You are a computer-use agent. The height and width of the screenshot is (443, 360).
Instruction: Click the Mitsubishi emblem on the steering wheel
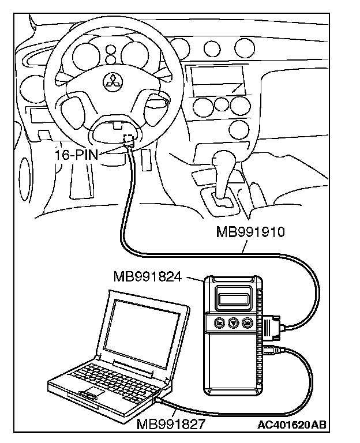(112, 81)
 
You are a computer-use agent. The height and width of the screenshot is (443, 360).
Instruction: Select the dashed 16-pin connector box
(129, 140)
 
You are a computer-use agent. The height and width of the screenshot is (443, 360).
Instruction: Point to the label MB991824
(148, 277)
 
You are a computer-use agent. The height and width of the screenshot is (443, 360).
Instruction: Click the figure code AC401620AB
(292, 425)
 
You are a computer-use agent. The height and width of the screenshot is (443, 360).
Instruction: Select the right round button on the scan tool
(247, 324)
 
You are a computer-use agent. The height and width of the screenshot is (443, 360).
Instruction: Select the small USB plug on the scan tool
(271, 350)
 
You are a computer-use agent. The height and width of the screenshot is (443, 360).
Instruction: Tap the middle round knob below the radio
(220, 105)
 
